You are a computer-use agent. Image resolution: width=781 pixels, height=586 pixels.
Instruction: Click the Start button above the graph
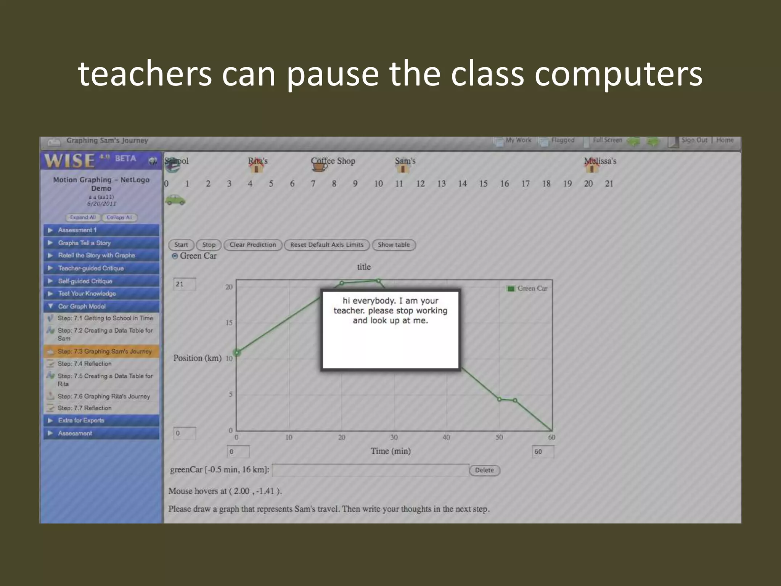pos(181,245)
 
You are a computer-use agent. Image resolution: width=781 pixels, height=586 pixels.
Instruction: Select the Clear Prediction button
pos(252,245)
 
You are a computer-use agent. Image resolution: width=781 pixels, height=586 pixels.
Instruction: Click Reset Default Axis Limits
pos(327,245)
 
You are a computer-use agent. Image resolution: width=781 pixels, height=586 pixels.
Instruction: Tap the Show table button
pos(394,245)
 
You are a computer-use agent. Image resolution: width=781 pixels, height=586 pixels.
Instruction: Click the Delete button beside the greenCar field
pos(484,470)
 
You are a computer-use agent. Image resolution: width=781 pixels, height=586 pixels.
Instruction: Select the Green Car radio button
pos(175,256)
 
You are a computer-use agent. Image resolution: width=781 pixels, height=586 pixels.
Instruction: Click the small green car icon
pos(175,200)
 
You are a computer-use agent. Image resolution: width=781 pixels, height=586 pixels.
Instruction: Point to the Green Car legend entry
pos(528,288)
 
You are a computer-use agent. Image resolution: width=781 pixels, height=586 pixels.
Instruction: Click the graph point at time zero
pos(237,353)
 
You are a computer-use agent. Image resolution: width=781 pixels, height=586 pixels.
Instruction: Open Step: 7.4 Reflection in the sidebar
pos(85,364)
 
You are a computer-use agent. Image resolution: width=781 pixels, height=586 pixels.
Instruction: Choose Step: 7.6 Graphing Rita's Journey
pos(104,396)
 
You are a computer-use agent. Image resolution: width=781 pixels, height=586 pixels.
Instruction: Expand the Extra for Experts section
pos(81,420)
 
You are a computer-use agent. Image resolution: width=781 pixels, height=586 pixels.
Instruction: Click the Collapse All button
pos(119,217)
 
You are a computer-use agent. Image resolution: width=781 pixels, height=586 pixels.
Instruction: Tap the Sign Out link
pos(694,140)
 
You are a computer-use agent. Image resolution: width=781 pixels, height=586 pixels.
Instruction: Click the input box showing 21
pos(185,284)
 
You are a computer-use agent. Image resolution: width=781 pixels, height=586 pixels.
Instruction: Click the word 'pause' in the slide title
pos(333,74)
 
